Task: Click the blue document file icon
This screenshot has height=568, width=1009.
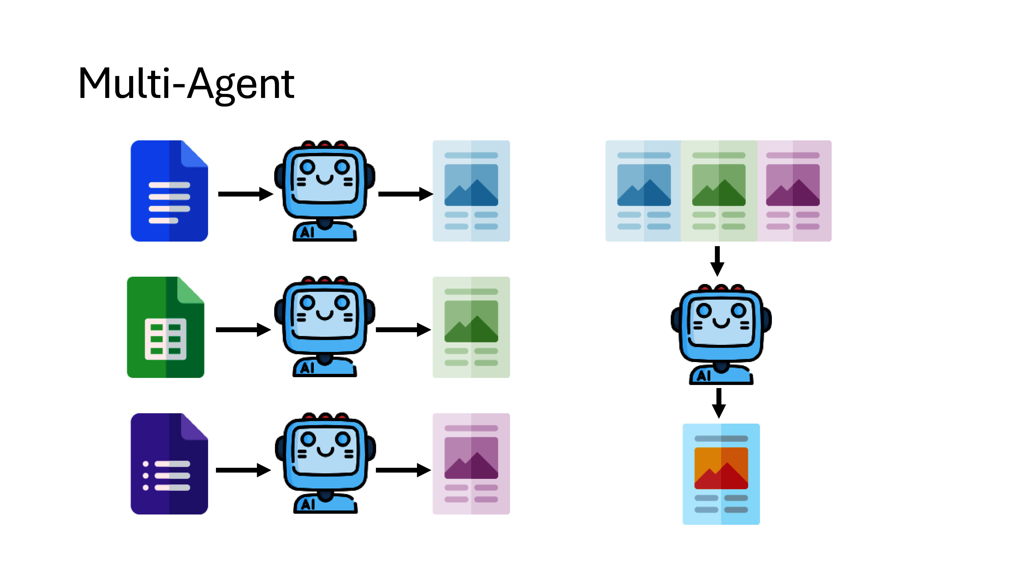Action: click(169, 191)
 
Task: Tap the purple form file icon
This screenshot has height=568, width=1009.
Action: click(169, 464)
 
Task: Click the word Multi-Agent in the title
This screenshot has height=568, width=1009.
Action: click(186, 84)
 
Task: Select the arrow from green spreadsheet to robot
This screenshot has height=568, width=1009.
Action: click(243, 330)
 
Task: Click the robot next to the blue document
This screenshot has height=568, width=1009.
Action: click(325, 191)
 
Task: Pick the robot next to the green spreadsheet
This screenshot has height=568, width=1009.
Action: click(325, 326)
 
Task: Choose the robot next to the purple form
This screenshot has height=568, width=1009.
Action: click(325, 463)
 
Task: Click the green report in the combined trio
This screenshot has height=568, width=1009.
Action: click(719, 191)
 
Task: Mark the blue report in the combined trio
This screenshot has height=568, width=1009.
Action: click(643, 191)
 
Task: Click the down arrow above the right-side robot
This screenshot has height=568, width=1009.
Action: click(717, 261)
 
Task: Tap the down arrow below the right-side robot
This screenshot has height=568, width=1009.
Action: click(718, 403)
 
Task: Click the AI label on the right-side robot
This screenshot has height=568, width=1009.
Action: click(704, 376)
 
